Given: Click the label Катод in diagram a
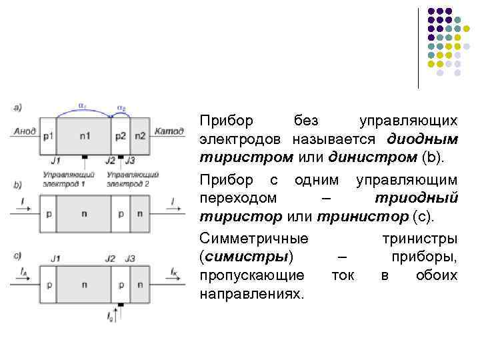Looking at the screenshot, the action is [169, 132].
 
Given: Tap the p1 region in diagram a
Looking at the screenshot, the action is [48, 136].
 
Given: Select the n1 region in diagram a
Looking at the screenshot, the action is [85, 136].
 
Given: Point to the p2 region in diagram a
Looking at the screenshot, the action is [120, 136].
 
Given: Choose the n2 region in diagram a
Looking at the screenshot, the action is [139, 136].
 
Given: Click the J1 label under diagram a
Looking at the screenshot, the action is [55, 161].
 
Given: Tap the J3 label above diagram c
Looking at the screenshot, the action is [130, 258].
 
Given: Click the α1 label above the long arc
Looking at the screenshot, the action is [81, 105].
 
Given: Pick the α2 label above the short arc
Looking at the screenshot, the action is [121, 107].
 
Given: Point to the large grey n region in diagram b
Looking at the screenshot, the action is [85, 213].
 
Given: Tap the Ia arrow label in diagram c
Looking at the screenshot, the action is [24, 272].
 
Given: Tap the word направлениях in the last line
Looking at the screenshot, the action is [251, 293].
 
